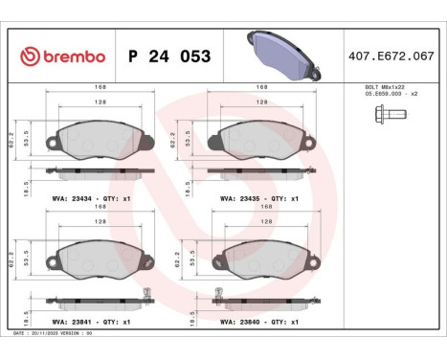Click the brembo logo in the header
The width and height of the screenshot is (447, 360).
[x=61, y=56]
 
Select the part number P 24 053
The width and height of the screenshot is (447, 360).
[x=168, y=56]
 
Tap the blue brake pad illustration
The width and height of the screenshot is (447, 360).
[x=282, y=54]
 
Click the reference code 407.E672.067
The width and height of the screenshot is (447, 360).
[x=393, y=56]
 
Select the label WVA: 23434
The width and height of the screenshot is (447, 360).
[x=66, y=198]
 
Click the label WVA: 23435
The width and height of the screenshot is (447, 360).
[x=229, y=198]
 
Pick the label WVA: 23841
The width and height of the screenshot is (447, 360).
[x=66, y=322]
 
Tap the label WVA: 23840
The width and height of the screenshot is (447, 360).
[x=230, y=322]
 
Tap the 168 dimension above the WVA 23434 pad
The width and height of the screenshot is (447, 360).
[x=100, y=87]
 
